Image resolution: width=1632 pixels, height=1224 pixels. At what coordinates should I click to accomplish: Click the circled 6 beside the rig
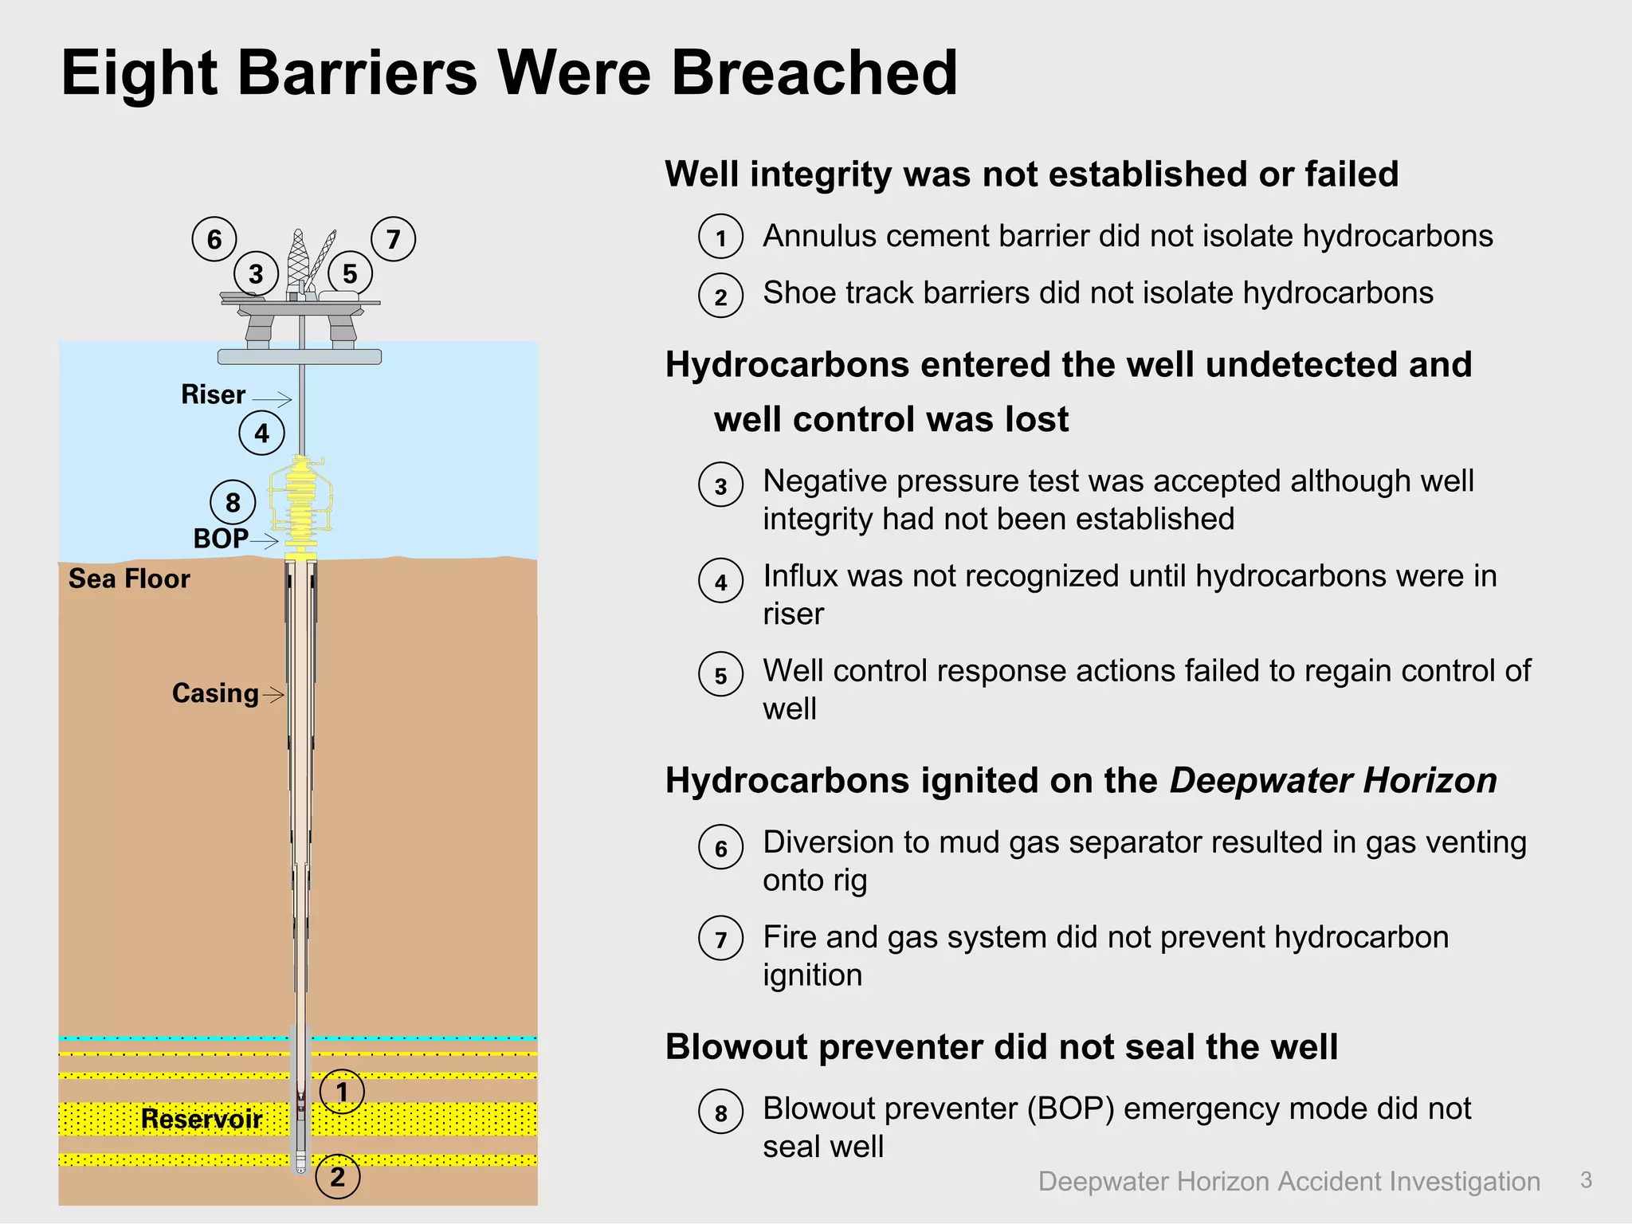(214, 239)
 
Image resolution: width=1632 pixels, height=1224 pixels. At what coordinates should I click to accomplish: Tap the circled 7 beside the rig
(394, 239)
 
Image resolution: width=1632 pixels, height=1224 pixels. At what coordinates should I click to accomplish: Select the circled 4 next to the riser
(261, 433)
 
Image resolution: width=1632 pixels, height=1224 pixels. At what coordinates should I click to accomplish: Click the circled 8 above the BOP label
(233, 502)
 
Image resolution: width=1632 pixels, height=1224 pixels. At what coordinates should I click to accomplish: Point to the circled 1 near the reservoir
(342, 1092)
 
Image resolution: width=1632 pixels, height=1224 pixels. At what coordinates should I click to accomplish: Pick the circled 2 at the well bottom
(338, 1176)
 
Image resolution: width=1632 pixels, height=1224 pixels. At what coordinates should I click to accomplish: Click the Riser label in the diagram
(213, 394)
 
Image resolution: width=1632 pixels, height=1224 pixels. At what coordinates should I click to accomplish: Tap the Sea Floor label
(129, 579)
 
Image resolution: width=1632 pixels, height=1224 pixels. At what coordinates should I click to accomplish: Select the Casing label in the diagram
(215, 693)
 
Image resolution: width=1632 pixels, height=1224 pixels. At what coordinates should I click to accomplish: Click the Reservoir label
(202, 1119)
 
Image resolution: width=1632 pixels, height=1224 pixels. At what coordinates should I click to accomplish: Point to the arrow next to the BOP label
(265, 541)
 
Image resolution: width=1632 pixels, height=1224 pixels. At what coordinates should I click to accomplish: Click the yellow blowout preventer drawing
(301, 502)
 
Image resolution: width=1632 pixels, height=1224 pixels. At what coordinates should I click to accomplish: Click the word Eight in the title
(138, 73)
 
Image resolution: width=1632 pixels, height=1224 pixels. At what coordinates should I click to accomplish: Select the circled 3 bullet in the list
(720, 485)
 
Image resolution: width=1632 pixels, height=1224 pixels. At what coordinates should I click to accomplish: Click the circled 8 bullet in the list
(720, 1112)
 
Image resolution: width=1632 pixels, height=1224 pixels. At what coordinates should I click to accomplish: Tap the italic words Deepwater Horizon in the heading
(1333, 780)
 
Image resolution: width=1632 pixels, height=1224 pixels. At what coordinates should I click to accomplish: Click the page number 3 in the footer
(1586, 1180)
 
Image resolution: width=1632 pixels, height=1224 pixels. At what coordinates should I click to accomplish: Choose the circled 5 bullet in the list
(720, 675)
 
